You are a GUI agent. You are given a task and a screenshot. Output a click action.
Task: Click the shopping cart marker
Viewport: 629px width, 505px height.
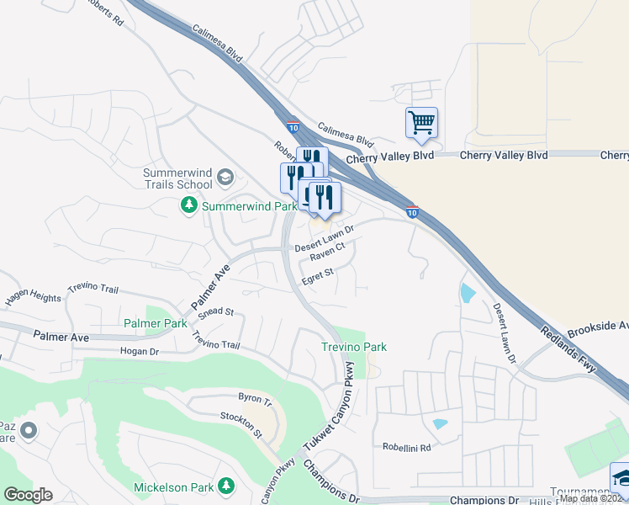click(421, 121)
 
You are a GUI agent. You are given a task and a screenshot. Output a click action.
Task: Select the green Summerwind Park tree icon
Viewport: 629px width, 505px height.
click(189, 205)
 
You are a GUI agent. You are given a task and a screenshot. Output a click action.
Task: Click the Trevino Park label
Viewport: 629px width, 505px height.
click(354, 347)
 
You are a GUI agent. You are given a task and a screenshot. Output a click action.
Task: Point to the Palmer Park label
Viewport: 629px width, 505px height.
click(155, 323)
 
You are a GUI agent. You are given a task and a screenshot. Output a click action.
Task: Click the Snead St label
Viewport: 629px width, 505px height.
click(217, 311)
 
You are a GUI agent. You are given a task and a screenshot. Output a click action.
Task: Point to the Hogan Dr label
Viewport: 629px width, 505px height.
click(140, 351)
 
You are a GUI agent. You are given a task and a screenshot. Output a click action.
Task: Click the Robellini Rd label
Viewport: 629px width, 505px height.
click(407, 448)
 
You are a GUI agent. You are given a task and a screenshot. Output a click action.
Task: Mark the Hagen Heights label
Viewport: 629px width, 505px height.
click(32, 298)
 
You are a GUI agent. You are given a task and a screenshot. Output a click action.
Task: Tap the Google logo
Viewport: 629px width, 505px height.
click(29, 494)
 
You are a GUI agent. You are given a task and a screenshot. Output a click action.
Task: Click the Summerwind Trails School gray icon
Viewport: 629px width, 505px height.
click(225, 177)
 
